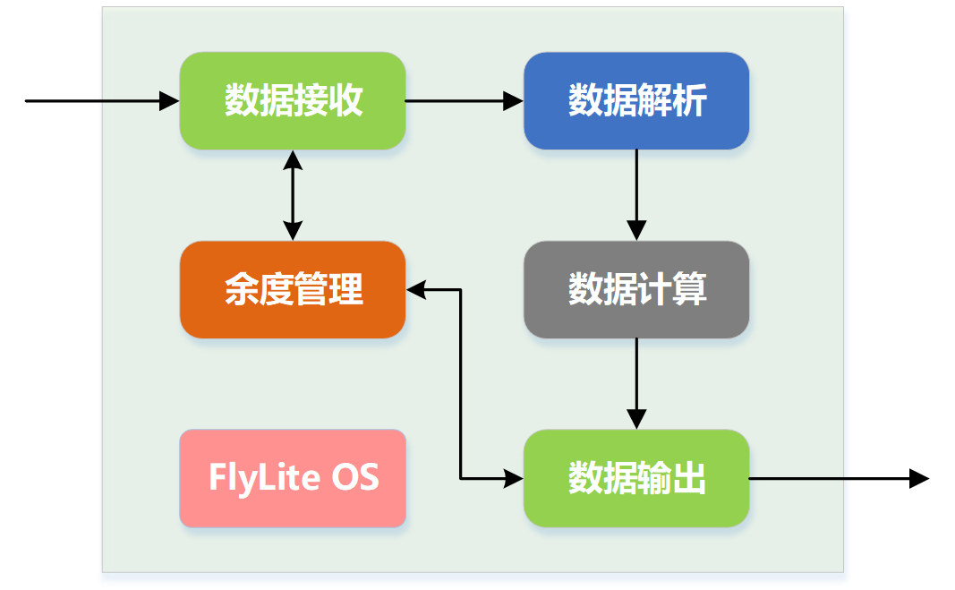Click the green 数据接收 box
[x=293, y=100]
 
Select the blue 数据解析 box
[x=636, y=100]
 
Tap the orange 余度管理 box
[x=293, y=289]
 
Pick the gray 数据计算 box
[x=636, y=289]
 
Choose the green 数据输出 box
[x=636, y=478]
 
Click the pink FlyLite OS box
[x=293, y=478]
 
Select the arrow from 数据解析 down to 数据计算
[x=636, y=193]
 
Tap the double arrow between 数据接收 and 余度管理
[x=293, y=195]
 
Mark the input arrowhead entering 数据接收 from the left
[x=169, y=100]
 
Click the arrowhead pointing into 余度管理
[x=418, y=289]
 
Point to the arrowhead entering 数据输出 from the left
[x=513, y=478]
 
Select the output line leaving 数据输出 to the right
[x=799, y=478]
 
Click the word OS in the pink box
[x=355, y=477]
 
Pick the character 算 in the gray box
[x=689, y=289]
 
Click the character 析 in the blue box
[x=689, y=100]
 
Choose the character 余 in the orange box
[x=241, y=289]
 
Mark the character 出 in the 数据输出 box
[x=689, y=478]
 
